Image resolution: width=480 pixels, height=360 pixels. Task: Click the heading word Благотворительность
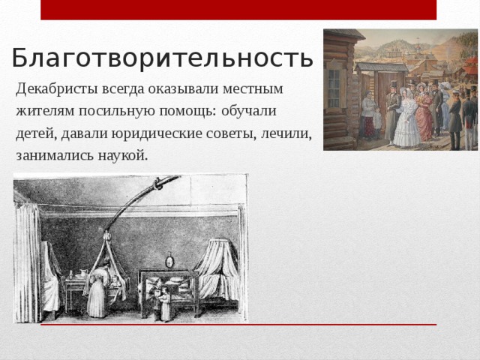point(161,58)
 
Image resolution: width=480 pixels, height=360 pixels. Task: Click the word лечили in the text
point(289,133)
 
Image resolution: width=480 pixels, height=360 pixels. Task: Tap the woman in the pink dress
point(424,116)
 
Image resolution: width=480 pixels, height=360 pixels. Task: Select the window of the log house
point(333,88)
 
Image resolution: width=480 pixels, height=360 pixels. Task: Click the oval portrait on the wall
point(169,262)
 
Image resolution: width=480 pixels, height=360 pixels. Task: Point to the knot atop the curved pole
point(157,183)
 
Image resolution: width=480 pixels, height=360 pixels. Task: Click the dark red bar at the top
point(238,10)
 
